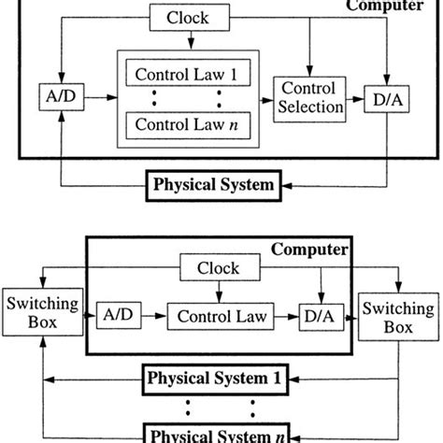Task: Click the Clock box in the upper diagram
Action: click(188, 17)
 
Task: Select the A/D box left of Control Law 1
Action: click(49, 95)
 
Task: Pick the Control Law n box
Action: click(186, 122)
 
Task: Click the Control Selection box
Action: click(307, 97)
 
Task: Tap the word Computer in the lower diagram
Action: click(309, 250)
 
